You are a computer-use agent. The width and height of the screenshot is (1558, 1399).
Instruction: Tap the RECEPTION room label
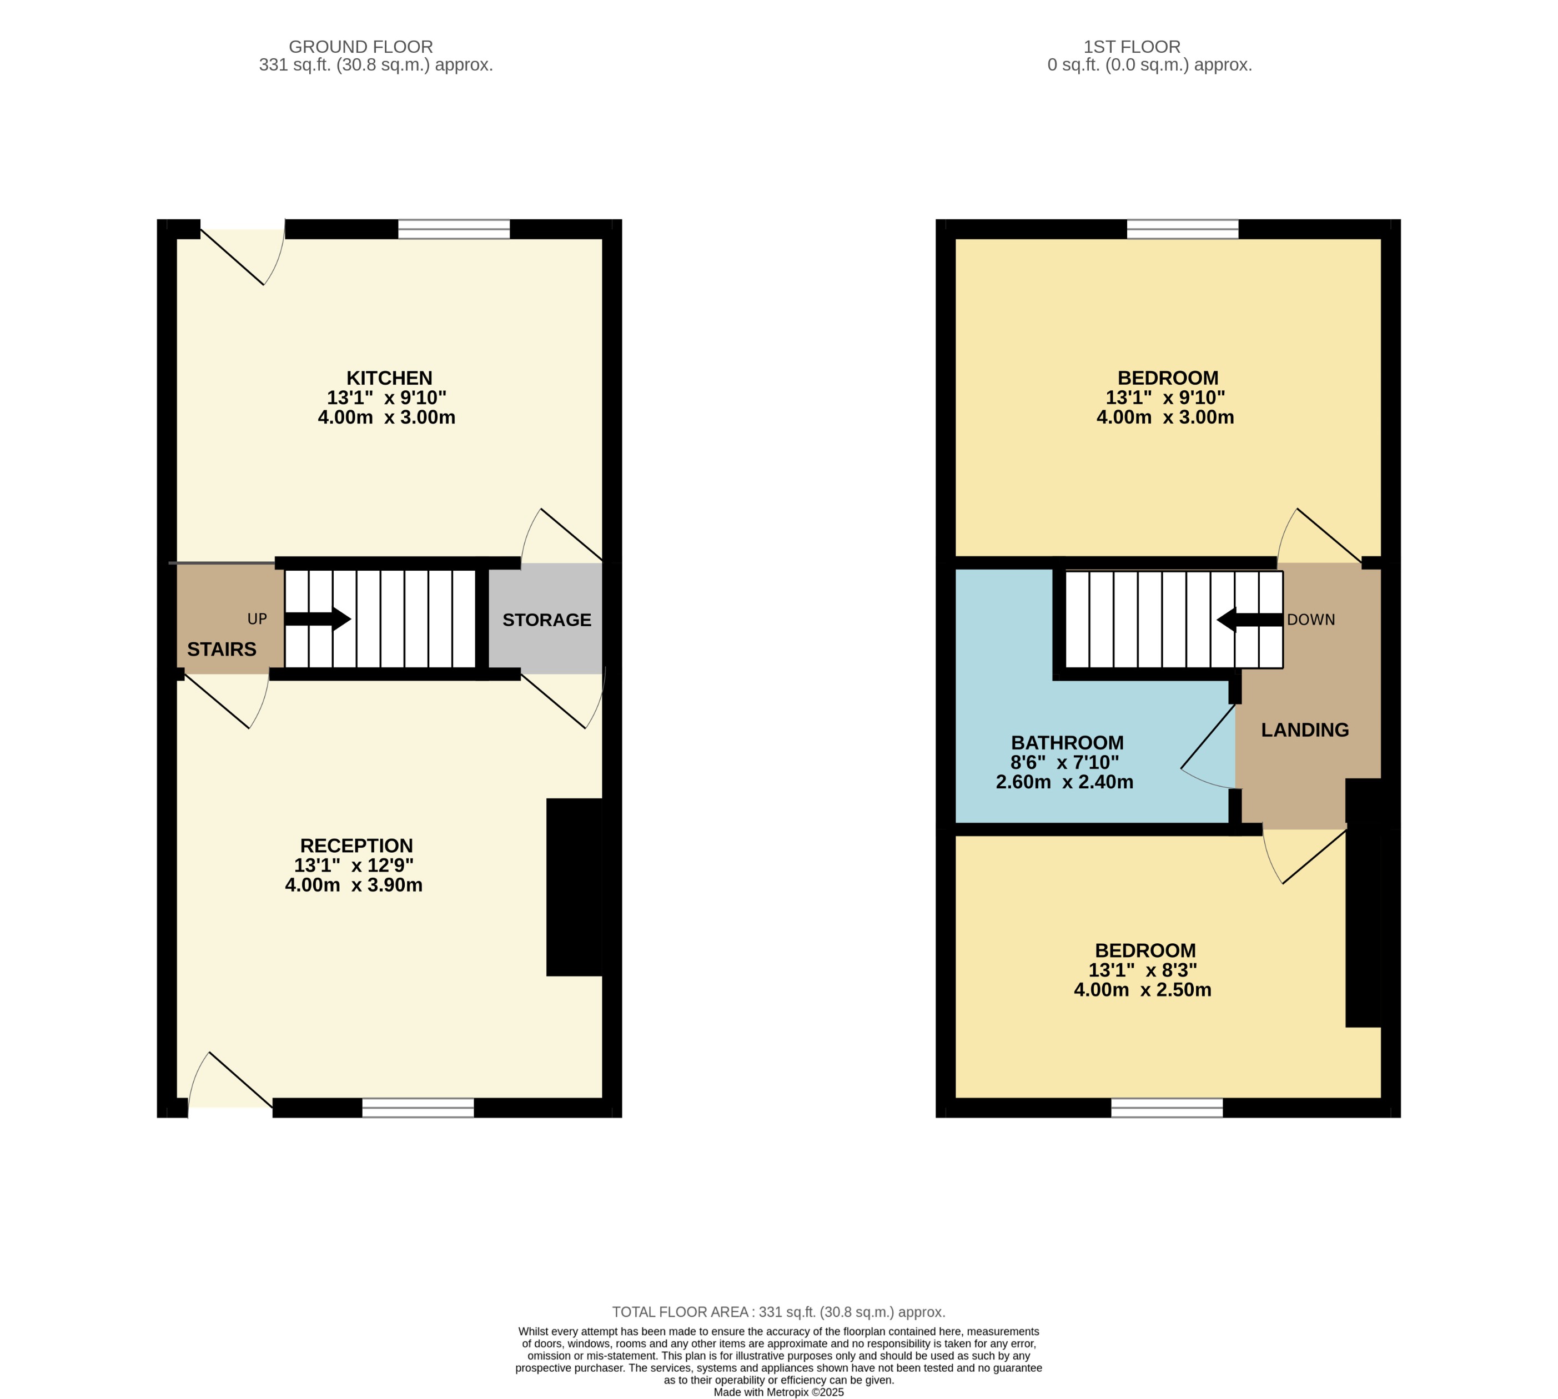[x=356, y=846]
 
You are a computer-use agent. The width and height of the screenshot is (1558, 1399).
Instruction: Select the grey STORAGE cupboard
[x=546, y=620]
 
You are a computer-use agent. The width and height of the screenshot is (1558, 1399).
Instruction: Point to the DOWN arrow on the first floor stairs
[x=1249, y=620]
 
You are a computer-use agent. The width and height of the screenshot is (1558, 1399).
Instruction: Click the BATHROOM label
[x=1067, y=743]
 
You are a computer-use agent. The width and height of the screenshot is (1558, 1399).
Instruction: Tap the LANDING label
[x=1304, y=729]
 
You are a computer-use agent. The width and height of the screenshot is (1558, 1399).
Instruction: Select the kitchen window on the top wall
[x=454, y=229]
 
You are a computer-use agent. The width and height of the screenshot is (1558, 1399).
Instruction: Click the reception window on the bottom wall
[x=418, y=1107]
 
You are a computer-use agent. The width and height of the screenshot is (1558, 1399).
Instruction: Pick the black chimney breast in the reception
[x=574, y=887]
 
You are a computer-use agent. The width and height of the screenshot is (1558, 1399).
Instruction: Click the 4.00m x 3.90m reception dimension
[x=354, y=885]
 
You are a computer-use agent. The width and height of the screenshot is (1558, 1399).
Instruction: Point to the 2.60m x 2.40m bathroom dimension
[x=1064, y=782]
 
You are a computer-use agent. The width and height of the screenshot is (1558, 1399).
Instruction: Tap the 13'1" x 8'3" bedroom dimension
[x=1142, y=970]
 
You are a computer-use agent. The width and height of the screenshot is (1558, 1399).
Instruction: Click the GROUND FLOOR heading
[x=360, y=47]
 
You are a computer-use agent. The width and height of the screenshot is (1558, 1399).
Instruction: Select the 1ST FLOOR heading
[x=1132, y=47]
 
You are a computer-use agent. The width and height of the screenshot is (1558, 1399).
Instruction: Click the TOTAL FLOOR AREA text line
[x=778, y=1312]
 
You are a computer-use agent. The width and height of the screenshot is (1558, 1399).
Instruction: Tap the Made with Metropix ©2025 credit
[x=778, y=1392]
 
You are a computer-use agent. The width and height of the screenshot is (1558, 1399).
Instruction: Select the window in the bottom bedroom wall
[x=1166, y=1107]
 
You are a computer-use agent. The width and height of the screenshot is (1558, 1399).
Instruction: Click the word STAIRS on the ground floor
[x=222, y=650]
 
